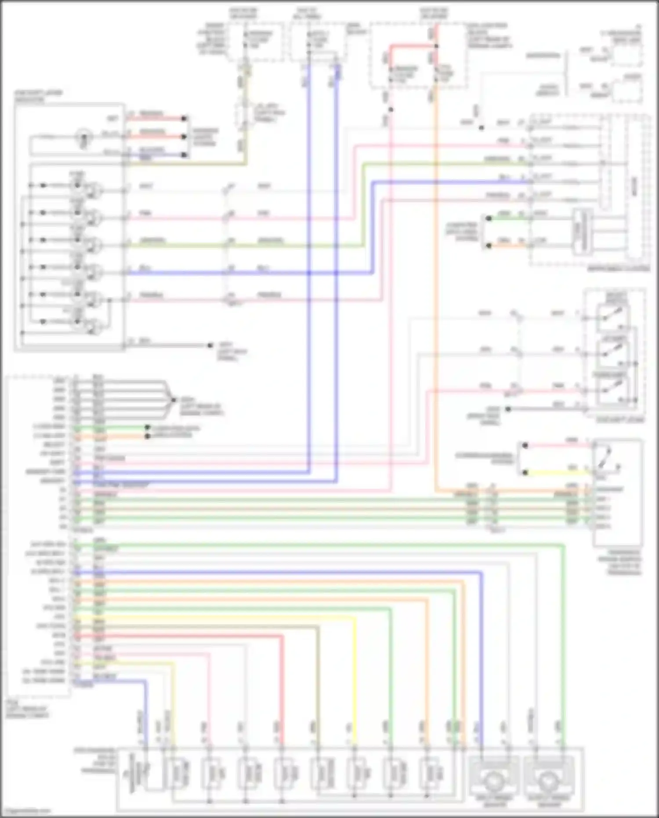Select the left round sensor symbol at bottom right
[494, 780]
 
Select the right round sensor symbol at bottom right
[548, 780]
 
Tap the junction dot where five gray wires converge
[174, 400]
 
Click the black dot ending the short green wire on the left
[148, 427]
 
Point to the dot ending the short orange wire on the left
[148, 436]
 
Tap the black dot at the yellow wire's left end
[525, 473]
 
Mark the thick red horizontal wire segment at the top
[413, 46]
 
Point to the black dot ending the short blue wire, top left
[185, 155]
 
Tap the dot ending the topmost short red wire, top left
[185, 118]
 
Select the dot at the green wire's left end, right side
[489, 218]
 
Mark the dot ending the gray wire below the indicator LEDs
[210, 345]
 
